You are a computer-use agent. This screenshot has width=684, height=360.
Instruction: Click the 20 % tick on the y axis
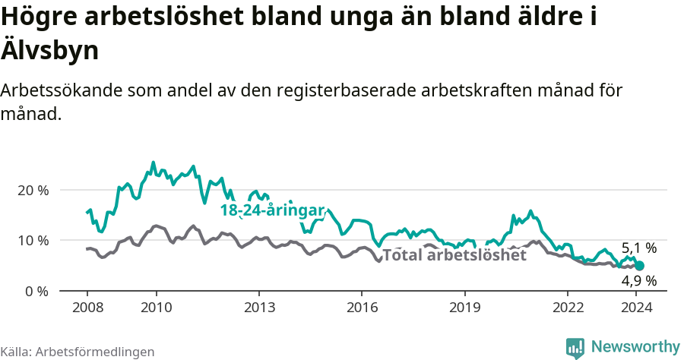tap(32, 190)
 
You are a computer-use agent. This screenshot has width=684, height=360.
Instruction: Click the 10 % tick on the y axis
tap(32, 240)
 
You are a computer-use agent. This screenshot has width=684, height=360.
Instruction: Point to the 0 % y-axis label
tap(36, 291)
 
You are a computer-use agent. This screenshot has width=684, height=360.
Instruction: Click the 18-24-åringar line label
tap(273, 210)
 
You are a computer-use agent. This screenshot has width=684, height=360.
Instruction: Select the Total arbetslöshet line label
tap(454, 255)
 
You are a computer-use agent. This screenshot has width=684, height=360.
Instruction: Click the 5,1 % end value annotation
tap(638, 248)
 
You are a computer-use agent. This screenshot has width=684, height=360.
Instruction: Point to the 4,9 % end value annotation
tap(638, 280)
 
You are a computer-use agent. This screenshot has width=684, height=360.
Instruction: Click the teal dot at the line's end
tap(640, 266)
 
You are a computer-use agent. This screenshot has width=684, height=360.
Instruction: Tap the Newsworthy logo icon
tap(575, 348)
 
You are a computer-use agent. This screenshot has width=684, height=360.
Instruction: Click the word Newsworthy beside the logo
tap(635, 347)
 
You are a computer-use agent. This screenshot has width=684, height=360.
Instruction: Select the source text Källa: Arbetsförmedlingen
tap(78, 352)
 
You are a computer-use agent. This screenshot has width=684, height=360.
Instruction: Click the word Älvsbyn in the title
tap(50, 50)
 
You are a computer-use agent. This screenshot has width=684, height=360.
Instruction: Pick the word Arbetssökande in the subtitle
tap(62, 90)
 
